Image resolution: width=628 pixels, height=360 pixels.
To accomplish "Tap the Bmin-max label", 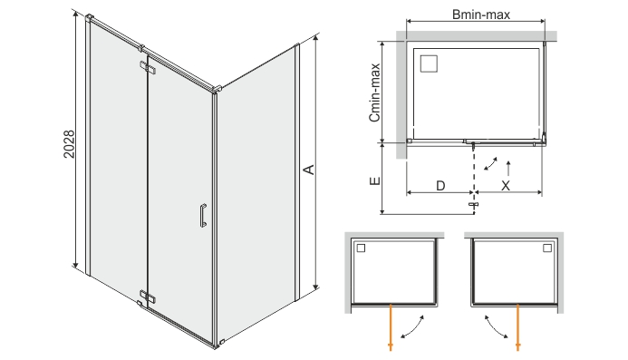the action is [x=474, y=13].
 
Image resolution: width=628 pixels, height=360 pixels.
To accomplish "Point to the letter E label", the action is [x=374, y=180].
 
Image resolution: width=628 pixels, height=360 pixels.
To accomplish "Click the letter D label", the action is [x=440, y=185].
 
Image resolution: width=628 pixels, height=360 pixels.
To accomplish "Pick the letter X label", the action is [x=507, y=185].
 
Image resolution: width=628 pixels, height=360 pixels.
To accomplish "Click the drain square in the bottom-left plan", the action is [x=361, y=248].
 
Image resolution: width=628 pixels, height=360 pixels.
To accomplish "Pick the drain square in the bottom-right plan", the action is [x=547, y=248].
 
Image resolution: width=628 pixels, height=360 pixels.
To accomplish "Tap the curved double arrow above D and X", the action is [x=491, y=163].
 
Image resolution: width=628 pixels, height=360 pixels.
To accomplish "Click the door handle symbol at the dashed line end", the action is [x=473, y=206].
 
